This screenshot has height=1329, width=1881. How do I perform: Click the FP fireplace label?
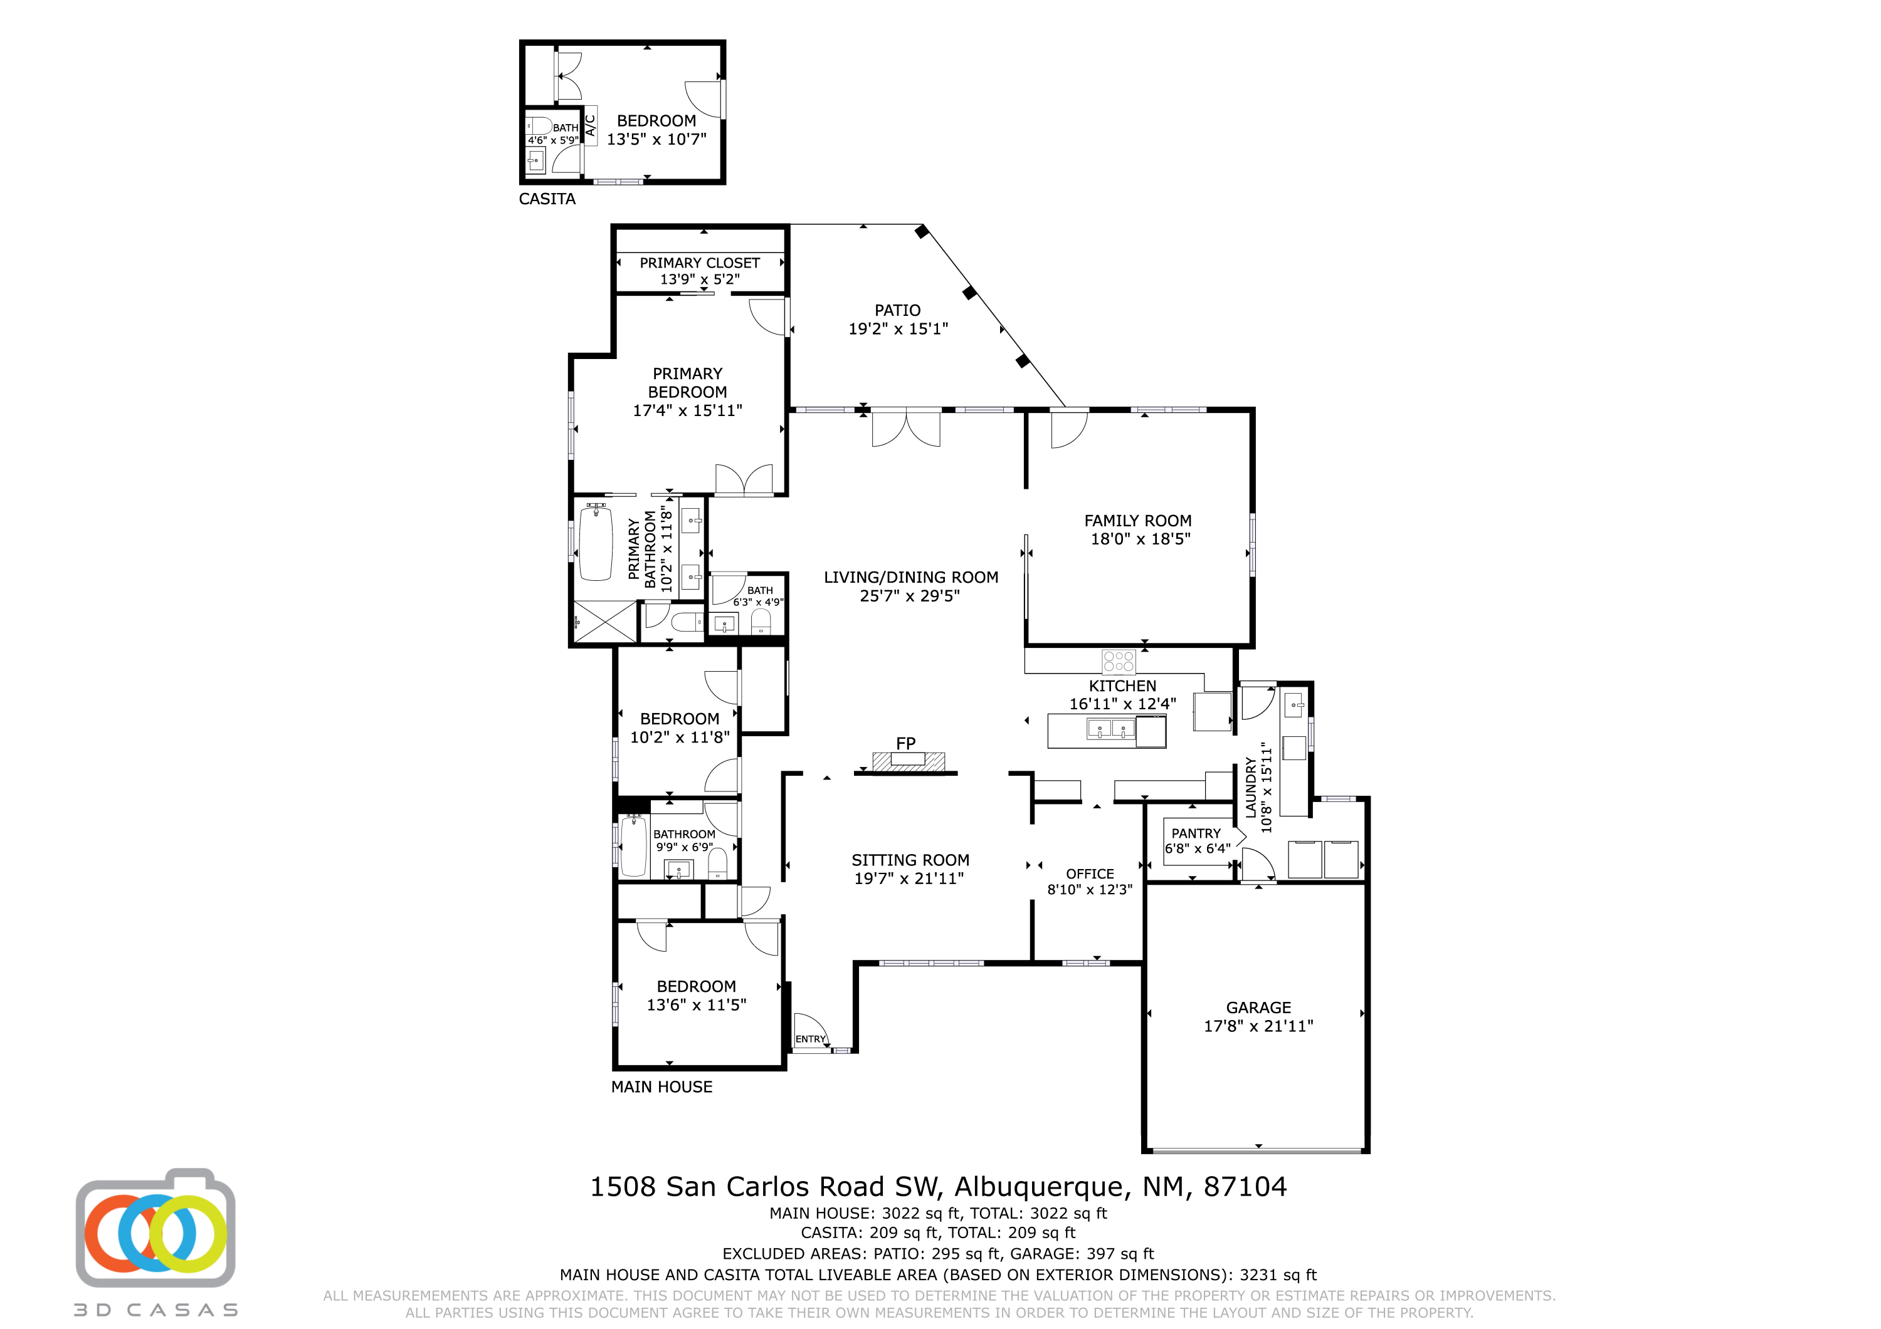pyautogui.click(x=905, y=744)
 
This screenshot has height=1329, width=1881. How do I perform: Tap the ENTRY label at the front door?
pyautogui.click(x=810, y=1039)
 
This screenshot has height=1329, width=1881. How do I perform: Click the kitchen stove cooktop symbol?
pyautogui.click(x=1119, y=661)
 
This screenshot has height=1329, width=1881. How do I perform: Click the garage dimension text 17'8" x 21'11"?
pyautogui.click(x=1258, y=1026)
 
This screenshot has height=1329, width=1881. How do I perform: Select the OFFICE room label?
pyautogui.click(x=1090, y=873)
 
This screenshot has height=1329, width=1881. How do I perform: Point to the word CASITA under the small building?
pyautogui.click(x=547, y=199)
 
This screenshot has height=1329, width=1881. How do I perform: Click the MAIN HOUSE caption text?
pyautogui.click(x=662, y=1087)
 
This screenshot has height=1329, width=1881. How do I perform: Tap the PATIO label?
pyautogui.click(x=897, y=310)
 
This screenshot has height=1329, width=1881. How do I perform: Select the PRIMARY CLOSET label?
pyautogui.click(x=700, y=263)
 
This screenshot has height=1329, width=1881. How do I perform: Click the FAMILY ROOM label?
pyautogui.click(x=1138, y=521)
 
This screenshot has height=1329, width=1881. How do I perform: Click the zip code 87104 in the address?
pyautogui.click(x=1245, y=1187)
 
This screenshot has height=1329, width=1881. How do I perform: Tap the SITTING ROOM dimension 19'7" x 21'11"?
pyautogui.click(x=909, y=878)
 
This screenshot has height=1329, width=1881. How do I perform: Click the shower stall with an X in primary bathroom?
pyautogui.click(x=604, y=622)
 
